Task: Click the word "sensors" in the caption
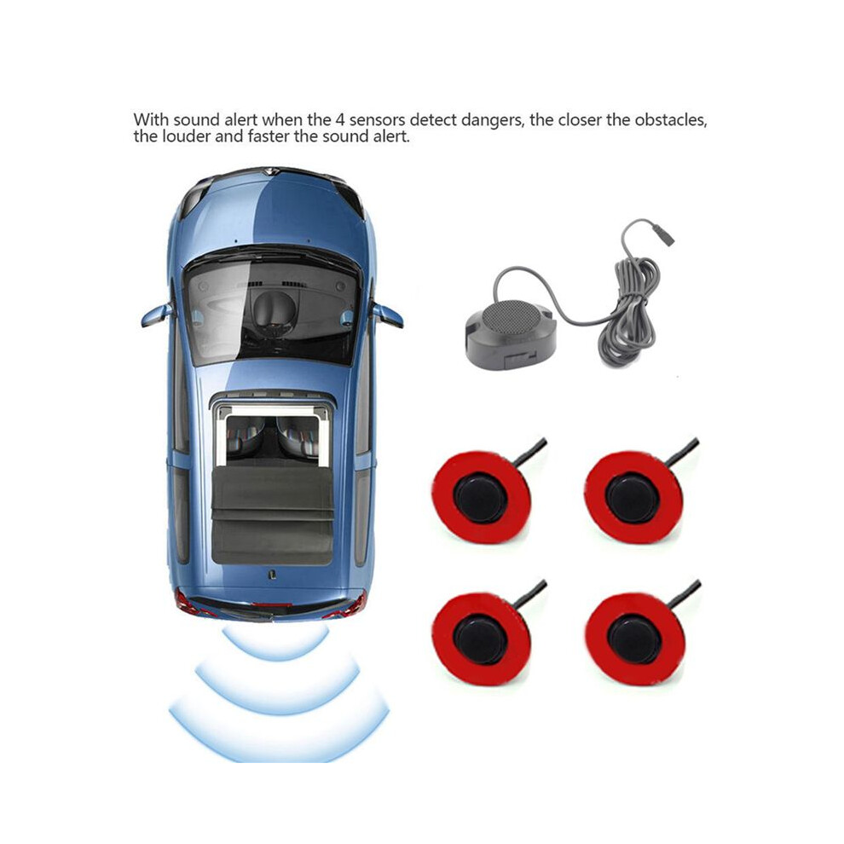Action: (377, 119)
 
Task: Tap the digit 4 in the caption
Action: (339, 119)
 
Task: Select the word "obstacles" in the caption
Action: (670, 119)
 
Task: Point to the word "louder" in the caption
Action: (187, 136)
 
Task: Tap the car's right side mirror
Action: (388, 315)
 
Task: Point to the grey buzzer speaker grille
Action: (510, 315)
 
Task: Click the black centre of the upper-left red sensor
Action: (481, 497)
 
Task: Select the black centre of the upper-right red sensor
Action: (633, 497)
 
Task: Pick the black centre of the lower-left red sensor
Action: (481, 639)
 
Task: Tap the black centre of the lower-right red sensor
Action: (633, 639)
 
